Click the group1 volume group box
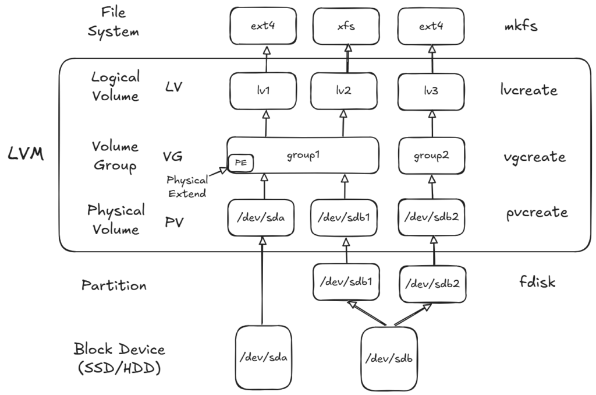(303, 156)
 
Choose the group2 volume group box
(431, 156)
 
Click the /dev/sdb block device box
(389, 358)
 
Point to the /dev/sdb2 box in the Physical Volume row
(431, 217)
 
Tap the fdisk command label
(537, 283)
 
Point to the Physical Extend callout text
(186, 186)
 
